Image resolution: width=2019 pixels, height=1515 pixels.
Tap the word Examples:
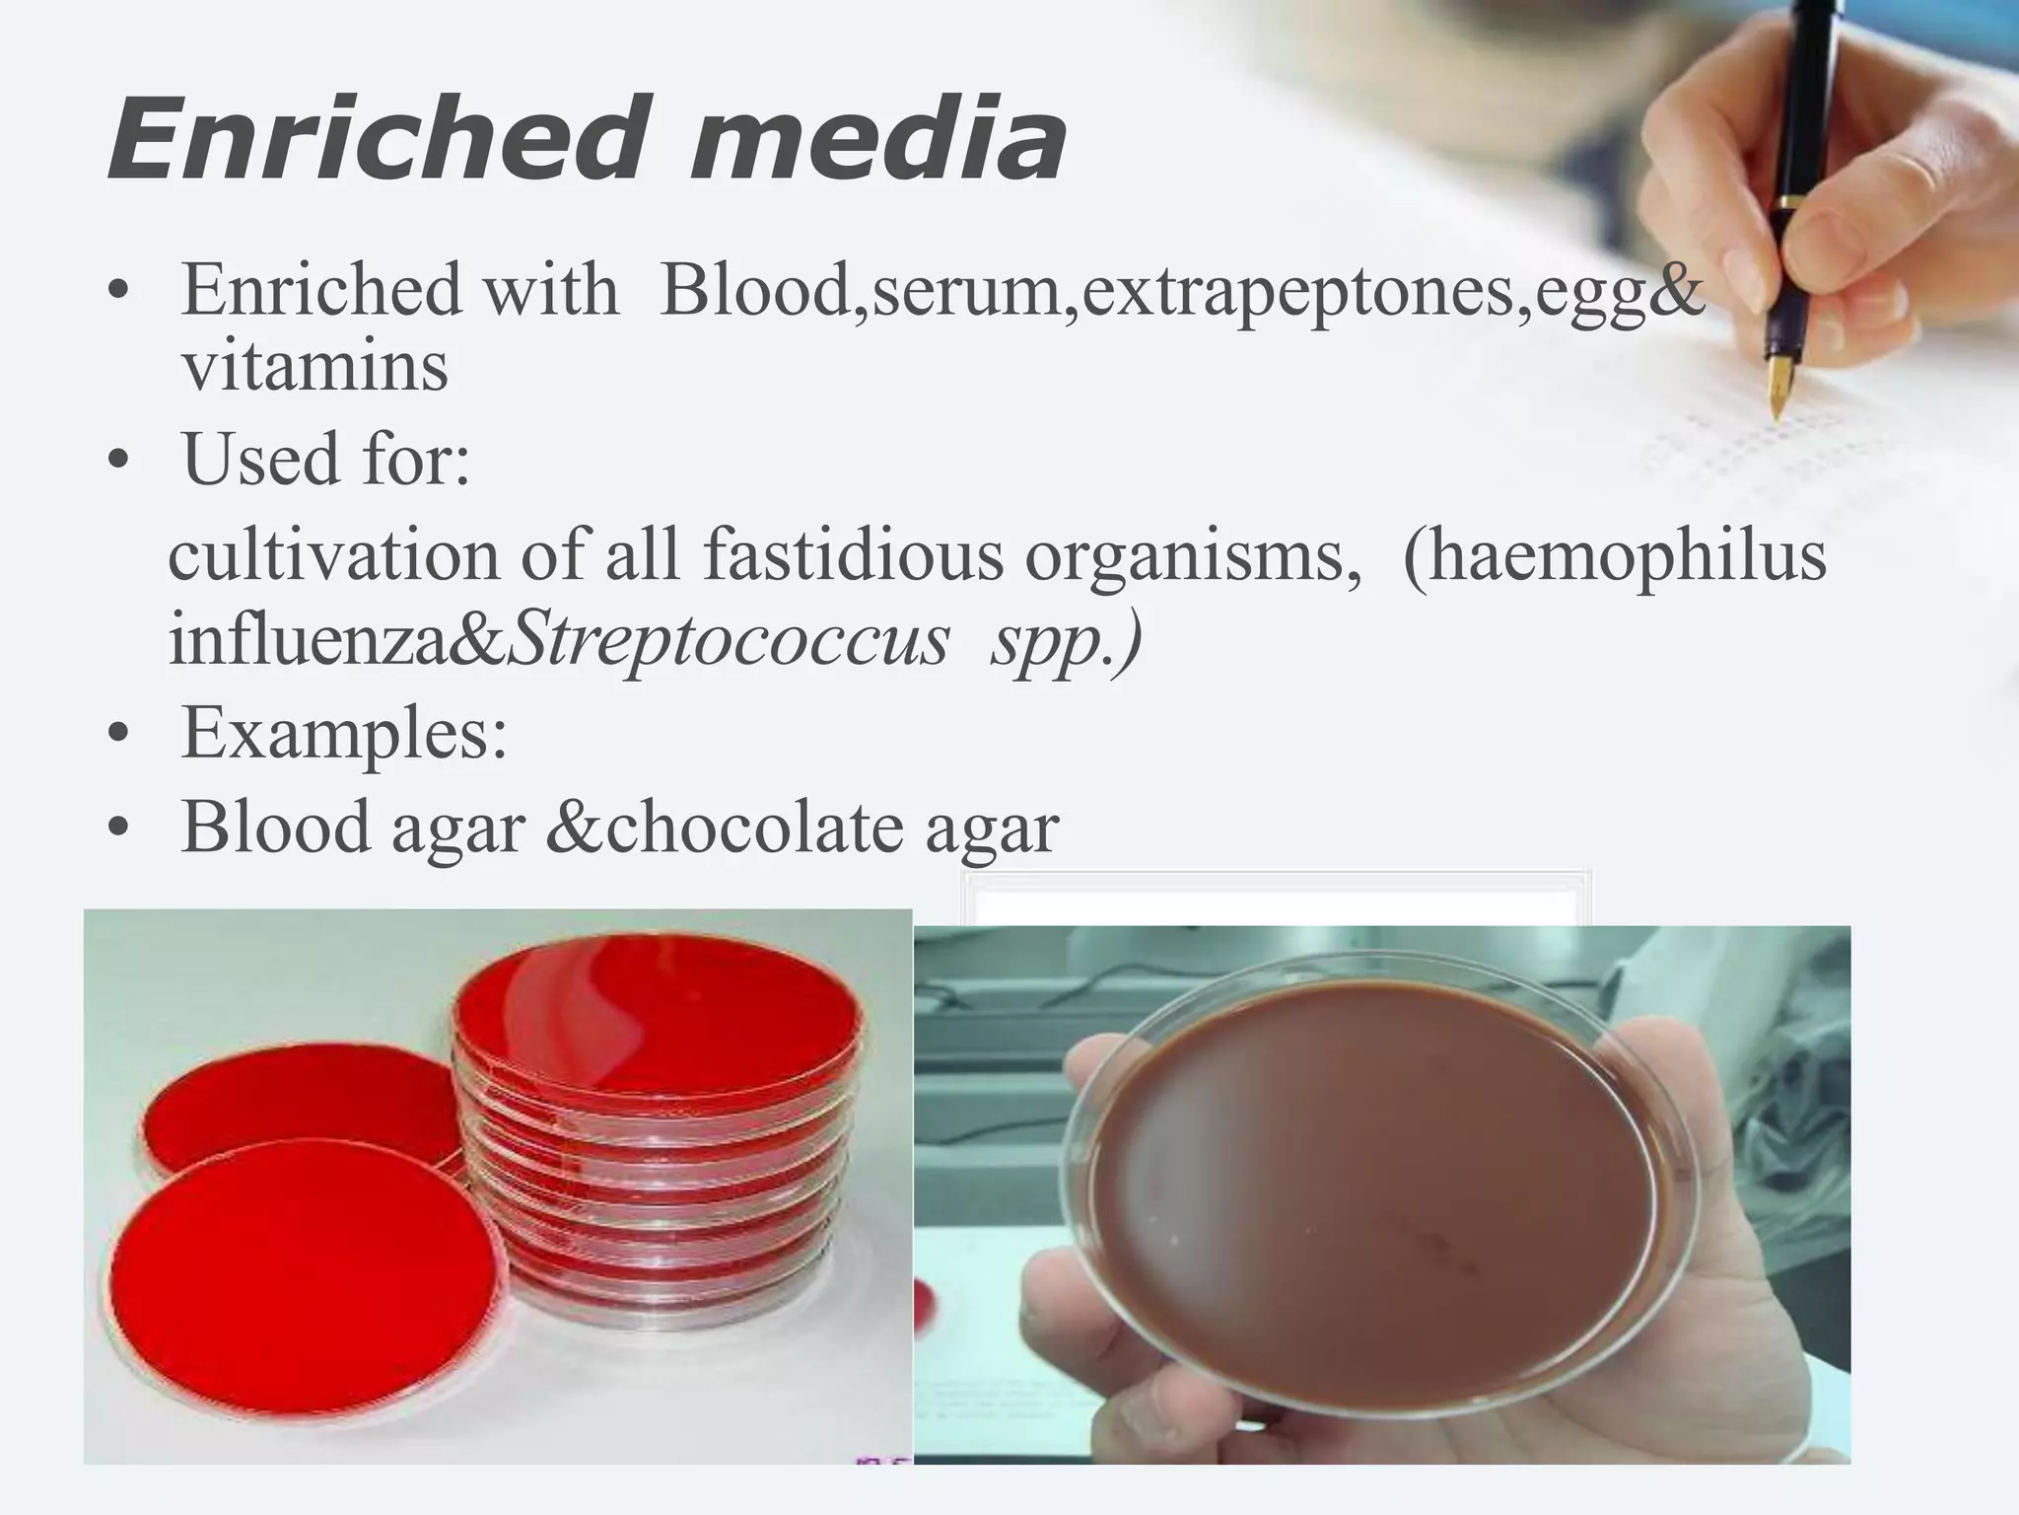[x=344, y=735]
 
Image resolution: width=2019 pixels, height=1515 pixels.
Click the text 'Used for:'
[x=326, y=460]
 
